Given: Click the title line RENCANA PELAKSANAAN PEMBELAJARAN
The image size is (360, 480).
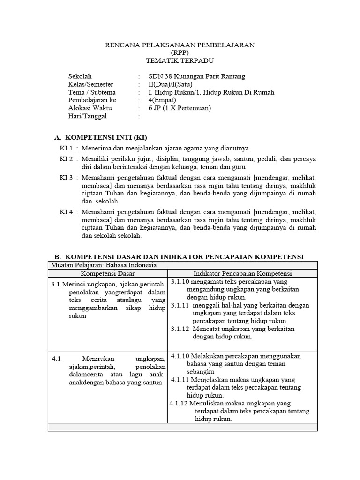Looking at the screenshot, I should [x=180, y=45].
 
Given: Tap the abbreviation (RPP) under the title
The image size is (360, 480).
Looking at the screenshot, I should [x=180, y=52].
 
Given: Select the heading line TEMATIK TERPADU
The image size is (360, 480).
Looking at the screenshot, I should [x=180, y=60].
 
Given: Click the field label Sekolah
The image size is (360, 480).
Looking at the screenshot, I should [x=80, y=76].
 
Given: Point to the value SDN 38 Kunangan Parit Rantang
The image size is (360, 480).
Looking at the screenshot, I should [x=196, y=76].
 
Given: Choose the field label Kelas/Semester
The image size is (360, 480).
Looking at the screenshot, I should [x=90, y=84].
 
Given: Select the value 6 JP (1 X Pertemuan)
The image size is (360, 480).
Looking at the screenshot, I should [x=180, y=108].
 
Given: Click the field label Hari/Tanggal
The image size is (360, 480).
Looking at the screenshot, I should [x=88, y=116].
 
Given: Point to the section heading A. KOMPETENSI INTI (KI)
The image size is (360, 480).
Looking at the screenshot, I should [x=101, y=137].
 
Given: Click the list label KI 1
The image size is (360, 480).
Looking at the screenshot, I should [x=66, y=148].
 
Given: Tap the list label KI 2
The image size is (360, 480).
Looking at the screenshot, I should [x=66, y=159].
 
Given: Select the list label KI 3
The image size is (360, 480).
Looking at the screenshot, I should [x=66, y=178].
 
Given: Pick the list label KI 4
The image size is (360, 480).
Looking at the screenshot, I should [x=66, y=212].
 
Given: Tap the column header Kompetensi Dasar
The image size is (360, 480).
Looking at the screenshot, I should [x=108, y=273].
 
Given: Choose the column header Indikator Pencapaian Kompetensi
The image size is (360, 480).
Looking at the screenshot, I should [x=242, y=273].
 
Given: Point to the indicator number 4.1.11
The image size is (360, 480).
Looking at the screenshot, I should [x=181, y=380].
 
